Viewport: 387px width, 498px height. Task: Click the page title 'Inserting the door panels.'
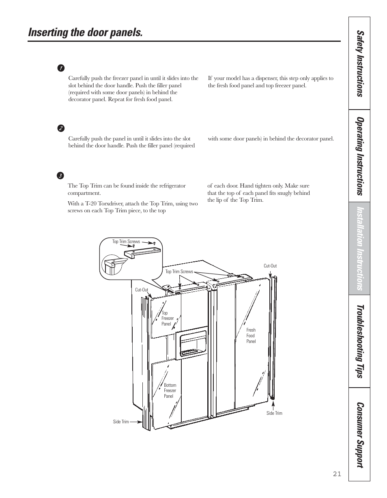coord(86,32)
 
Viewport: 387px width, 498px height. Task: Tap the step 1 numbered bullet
coord(60,68)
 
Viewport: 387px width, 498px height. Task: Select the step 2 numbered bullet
coord(60,128)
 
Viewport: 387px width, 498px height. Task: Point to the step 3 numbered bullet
coord(60,176)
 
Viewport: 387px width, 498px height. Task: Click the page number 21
coord(337,474)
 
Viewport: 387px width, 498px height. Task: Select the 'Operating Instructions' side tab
coord(359,156)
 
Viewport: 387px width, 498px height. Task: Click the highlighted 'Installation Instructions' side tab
coord(359,248)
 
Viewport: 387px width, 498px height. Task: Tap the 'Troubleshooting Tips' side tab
coord(359,341)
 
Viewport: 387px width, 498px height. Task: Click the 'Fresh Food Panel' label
coord(251,336)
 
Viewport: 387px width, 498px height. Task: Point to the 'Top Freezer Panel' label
coord(167,319)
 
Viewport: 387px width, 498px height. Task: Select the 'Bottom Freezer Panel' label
coord(170,390)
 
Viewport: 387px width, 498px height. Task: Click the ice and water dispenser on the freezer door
coord(191,343)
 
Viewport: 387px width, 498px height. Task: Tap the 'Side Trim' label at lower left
coord(120,422)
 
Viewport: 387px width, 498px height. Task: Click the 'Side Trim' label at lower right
coord(274,413)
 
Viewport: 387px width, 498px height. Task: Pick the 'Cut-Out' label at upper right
coord(270,266)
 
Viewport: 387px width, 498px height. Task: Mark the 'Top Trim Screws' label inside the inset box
coord(126,241)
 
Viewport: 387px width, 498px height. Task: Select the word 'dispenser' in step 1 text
coord(264,78)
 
